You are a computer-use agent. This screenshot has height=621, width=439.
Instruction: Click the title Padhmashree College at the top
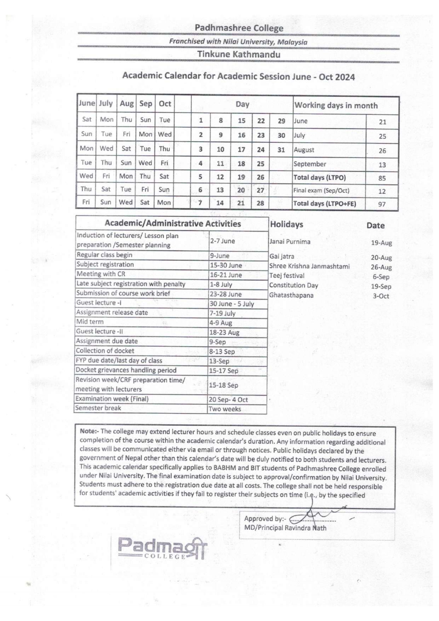click(x=239, y=28)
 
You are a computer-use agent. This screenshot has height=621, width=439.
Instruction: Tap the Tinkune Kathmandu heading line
click(x=239, y=54)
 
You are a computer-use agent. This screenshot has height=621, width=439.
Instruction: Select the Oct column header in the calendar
click(x=165, y=104)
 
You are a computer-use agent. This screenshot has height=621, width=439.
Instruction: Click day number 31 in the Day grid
click(x=281, y=150)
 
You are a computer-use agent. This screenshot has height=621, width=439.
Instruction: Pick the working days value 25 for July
click(x=382, y=136)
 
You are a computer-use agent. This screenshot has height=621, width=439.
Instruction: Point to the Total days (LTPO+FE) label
click(x=325, y=203)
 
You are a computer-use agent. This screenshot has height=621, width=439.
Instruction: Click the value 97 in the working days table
click(x=382, y=204)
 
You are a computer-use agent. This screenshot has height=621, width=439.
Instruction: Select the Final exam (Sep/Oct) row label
click(x=321, y=190)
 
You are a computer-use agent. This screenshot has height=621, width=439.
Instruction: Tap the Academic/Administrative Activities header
click(x=173, y=224)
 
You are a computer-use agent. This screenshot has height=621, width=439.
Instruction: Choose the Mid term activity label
click(x=90, y=322)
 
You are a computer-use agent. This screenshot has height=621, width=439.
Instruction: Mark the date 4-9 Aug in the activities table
click(x=221, y=323)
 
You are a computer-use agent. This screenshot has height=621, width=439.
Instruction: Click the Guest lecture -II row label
click(x=99, y=331)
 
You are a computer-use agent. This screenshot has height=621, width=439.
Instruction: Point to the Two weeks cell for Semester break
click(x=224, y=409)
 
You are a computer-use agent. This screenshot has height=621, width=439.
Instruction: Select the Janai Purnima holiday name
click(x=290, y=242)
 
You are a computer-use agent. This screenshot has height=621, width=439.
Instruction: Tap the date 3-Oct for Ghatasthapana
click(x=381, y=296)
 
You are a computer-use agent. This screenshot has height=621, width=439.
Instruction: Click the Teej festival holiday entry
click(x=287, y=276)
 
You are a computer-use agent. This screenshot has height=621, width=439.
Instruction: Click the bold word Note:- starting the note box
click(x=89, y=431)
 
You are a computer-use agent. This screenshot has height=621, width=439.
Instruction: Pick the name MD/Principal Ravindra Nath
click(x=285, y=528)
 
